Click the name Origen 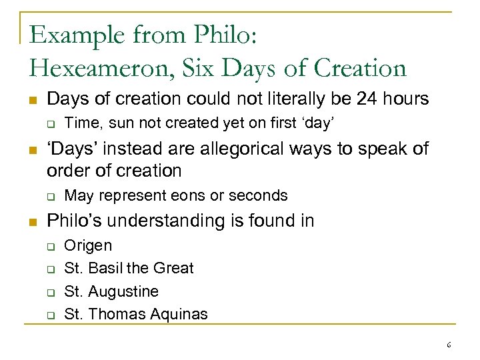coord(88,245)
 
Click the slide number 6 coord(449,345)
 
